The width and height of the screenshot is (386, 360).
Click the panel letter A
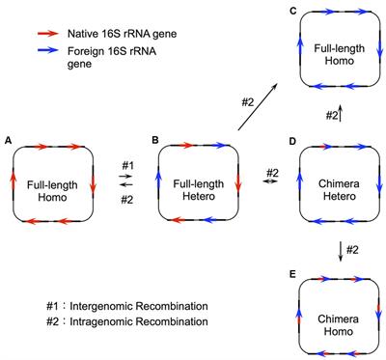coord(9,139)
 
